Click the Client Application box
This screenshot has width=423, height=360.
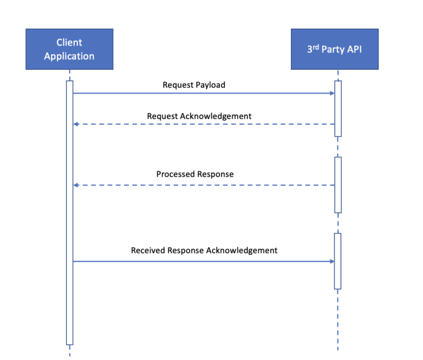pos(69,49)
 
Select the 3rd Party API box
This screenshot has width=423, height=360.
pos(334,49)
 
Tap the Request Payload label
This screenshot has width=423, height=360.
pos(193,85)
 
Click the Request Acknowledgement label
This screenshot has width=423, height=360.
pos(199,116)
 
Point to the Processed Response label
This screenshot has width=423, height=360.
pos(195,174)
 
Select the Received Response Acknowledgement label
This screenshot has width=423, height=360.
pos(204,250)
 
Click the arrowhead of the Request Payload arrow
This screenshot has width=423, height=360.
pos(332,93)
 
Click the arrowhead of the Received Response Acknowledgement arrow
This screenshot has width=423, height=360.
pos(332,261)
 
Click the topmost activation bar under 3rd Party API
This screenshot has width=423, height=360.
pos(338,108)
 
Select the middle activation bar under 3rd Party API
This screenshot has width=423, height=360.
pos(338,185)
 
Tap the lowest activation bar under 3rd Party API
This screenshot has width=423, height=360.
pos(338,261)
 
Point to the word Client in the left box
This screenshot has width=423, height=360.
pos(69,42)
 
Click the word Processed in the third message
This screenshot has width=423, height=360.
pos(176,174)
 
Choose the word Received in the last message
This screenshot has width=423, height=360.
pos(148,250)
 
